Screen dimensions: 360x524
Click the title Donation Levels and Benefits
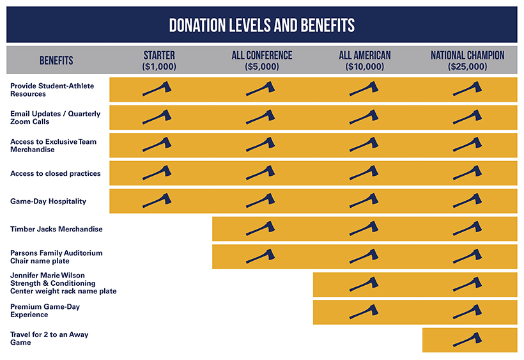click(x=262, y=25)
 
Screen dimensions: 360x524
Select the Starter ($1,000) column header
click(x=159, y=61)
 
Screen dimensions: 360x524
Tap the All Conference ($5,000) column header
click(x=262, y=61)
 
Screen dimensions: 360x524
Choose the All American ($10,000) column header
click(x=365, y=61)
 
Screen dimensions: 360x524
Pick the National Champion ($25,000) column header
click(x=467, y=61)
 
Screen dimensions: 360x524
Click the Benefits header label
click(x=56, y=61)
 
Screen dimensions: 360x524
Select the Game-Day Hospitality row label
click(x=48, y=201)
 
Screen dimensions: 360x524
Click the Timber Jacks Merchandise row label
click(x=56, y=229)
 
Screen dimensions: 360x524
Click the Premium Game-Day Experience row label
click(x=47, y=311)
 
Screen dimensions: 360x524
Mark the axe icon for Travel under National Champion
click(x=467, y=339)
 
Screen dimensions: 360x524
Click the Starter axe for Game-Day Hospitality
click(x=157, y=201)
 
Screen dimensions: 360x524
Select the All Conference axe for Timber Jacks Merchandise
click(x=261, y=228)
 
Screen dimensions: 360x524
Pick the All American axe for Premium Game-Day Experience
click(x=364, y=311)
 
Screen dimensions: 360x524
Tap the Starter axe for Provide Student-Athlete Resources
click(x=157, y=89)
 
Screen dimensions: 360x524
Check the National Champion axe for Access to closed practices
click(x=467, y=173)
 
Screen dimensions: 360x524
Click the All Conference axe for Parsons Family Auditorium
click(x=261, y=256)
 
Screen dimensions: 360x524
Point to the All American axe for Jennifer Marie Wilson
click(x=364, y=284)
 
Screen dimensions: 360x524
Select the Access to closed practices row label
click(x=55, y=173)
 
